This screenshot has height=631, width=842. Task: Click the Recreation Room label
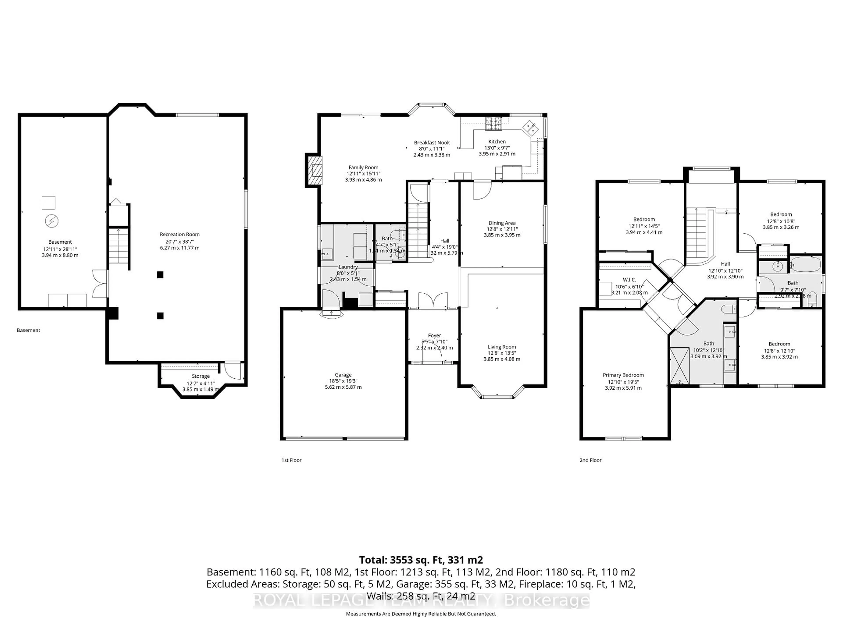[x=179, y=234]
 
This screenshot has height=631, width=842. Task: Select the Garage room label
[x=343, y=375]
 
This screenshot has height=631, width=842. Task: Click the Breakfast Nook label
[x=432, y=143]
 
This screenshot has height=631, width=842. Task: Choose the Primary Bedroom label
[x=623, y=375]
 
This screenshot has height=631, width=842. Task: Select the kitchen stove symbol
[x=493, y=122]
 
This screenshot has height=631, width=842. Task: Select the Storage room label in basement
[x=201, y=376]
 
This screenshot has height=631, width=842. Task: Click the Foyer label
[x=434, y=335]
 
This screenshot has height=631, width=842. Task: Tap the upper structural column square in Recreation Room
[x=160, y=275]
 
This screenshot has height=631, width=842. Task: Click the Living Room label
[x=502, y=347]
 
